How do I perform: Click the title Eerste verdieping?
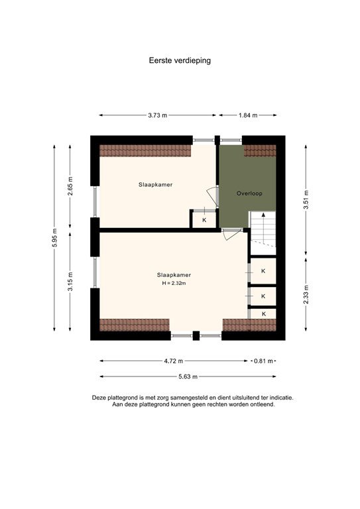180,60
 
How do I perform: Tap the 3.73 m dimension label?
158,115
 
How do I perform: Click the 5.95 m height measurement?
54,238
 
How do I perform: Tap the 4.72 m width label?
174,361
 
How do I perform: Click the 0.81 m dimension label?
262,361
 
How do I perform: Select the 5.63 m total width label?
188,376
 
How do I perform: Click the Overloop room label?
250,193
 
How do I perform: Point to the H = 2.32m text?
174,283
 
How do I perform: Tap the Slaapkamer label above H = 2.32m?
174,274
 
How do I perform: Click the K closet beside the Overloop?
204,219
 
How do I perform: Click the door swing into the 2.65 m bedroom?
212,196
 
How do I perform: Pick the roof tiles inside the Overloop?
259,150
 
